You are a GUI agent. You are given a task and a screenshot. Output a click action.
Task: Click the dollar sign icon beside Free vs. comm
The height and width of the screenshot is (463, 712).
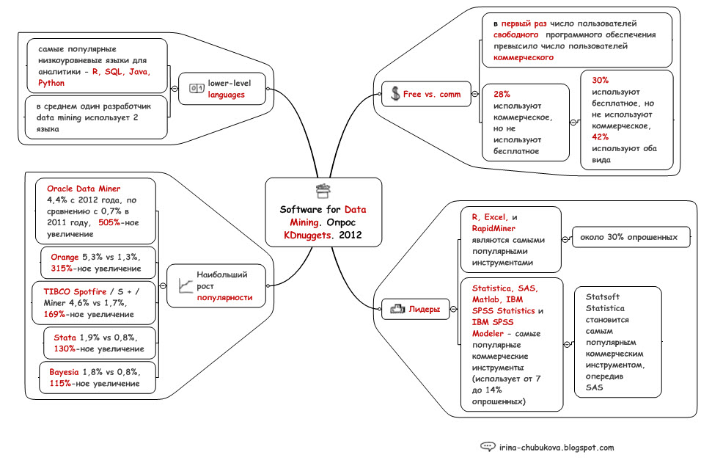tap(395, 94)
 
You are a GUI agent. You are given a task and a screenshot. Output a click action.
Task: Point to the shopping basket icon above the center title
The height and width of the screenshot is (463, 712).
tap(323, 191)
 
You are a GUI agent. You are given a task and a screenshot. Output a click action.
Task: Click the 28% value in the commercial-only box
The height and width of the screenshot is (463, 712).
tap(502, 95)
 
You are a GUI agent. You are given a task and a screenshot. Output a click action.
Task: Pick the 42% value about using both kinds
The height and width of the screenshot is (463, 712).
tap(601, 136)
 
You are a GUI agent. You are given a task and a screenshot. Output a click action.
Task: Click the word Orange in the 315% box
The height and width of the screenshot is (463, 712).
tap(65, 258)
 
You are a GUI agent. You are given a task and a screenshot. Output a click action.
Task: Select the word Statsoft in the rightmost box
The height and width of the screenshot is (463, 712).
tap(602, 297)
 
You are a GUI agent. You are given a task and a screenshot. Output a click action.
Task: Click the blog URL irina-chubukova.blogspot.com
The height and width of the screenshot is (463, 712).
tap(557, 447)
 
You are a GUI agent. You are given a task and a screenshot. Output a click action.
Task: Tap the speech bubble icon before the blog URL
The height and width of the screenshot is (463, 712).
tap(488, 447)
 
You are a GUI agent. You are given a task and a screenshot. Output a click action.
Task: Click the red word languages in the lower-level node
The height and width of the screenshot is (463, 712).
tap(227, 95)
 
